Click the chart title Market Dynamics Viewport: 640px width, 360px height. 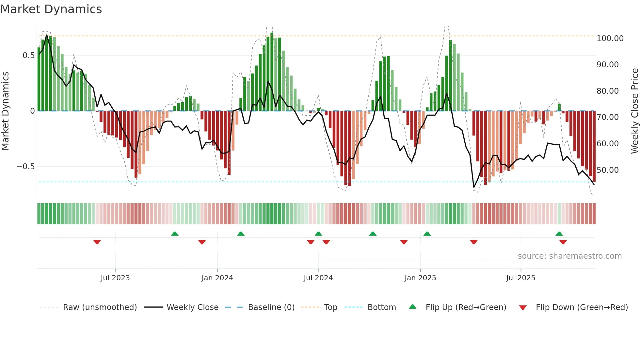pos(51,9)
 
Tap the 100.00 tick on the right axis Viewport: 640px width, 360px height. pos(610,39)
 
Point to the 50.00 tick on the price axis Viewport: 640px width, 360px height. pos(607,170)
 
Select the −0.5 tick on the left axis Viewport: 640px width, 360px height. pos(25,167)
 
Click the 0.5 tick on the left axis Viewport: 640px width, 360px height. pos(28,56)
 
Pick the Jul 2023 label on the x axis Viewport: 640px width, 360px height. pos(115,278)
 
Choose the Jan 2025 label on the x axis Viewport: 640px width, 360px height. pos(420,278)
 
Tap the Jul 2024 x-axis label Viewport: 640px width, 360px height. pos(318,278)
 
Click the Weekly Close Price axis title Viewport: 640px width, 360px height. pos(634,111)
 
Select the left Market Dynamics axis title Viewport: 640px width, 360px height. pos(5,111)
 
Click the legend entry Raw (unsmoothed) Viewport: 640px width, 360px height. pos(100,307)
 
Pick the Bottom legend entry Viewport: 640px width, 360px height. pos(381,307)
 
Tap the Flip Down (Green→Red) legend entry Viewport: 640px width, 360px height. pos(582,307)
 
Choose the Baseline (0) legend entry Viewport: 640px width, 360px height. pos(271,307)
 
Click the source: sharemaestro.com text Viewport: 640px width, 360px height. pos(569,256)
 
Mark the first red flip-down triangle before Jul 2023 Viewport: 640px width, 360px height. pos(97,242)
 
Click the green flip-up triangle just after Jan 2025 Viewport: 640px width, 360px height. pos(427,234)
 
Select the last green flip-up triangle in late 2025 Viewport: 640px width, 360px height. pos(559,234)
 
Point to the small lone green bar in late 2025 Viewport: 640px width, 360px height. pos(559,107)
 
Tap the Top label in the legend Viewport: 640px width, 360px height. pos(330,307)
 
